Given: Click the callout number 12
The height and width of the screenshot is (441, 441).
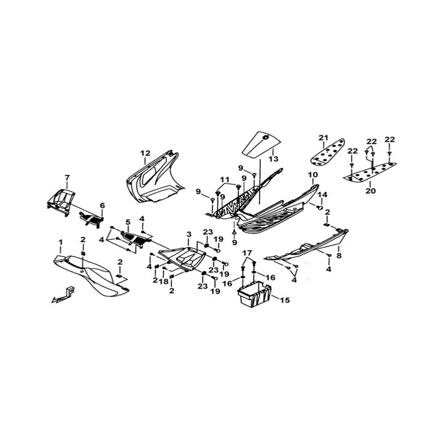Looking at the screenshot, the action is pyautogui.click(x=145, y=153).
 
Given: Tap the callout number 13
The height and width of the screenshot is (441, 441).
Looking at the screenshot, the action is pyautogui.click(x=273, y=159).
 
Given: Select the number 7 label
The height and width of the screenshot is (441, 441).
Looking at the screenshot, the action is pyautogui.click(x=67, y=177).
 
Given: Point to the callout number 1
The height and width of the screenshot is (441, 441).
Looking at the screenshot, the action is pyautogui.click(x=60, y=242).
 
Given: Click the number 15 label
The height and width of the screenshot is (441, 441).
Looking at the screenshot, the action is pyautogui.click(x=285, y=300).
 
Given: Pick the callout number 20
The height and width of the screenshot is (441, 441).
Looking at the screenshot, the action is pyautogui.click(x=371, y=191).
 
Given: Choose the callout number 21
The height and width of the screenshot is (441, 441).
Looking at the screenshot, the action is pyautogui.click(x=323, y=138).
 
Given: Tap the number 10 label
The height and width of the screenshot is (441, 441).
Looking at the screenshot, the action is pyautogui.click(x=313, y=175).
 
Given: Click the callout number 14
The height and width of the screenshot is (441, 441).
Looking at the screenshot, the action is pyautogui.click(x=323, y=195).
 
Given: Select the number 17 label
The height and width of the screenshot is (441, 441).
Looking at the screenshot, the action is pyautogui.click(x=248, y=252).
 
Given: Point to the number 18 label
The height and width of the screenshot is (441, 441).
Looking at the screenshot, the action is pyautogui.click(x=163, y=281).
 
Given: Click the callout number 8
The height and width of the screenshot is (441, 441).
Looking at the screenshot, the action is pyautogui.click(x=339, y=256).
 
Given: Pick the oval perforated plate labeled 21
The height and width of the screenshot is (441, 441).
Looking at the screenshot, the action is pyautogui.click(x=327, y=152).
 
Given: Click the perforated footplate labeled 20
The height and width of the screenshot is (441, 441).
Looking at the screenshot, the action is pyautogui.click(x=370, y=172).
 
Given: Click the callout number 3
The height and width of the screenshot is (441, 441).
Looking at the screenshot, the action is pyautogui.click(x=189, y=234).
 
